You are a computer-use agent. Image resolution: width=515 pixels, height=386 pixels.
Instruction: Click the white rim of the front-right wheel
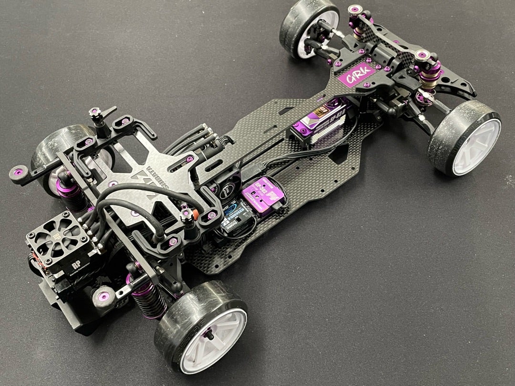coord(475,146)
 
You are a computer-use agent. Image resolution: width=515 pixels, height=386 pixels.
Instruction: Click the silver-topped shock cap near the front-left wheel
coord(355,10)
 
